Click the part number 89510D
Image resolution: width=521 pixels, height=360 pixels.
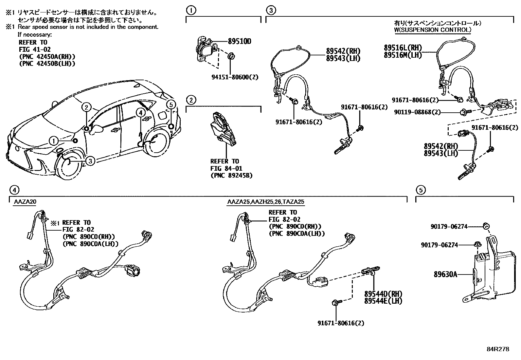(239, 42)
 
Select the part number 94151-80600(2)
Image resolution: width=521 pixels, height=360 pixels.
(235, 77)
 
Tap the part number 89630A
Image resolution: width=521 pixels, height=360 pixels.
(445, 274)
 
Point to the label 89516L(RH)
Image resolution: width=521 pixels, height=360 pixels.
(403, 48)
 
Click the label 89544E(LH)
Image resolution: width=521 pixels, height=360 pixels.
(383, 301)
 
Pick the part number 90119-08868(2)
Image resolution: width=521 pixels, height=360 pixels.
(418, 112)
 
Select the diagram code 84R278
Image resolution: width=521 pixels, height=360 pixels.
(498, 349)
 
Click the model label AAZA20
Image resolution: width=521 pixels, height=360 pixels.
(25, 202)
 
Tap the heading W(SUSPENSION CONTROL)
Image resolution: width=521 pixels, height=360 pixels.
(433, 30)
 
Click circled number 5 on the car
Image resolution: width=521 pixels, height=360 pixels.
(171, 105)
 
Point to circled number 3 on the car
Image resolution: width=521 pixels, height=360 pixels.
(90, 161)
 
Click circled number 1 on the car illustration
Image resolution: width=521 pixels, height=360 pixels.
(53, 141)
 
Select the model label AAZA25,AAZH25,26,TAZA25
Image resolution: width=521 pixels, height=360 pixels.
(266, 202)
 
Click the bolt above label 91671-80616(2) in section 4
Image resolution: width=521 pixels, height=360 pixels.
(336, 302)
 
